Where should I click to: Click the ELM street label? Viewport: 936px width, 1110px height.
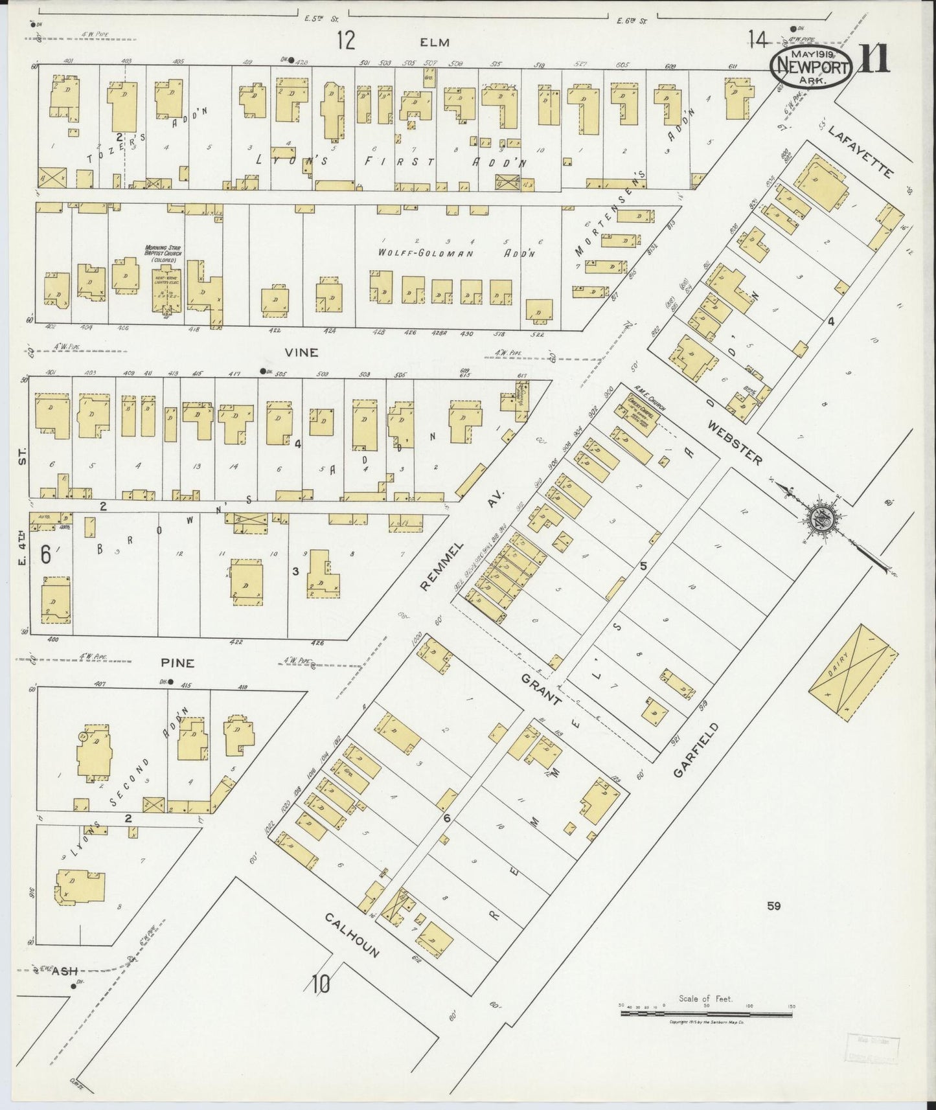click(x=434, y=42)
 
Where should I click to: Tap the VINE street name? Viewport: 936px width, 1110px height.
click(x=302, y=352)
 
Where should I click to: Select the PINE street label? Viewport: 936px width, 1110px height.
click(x=177, y=663)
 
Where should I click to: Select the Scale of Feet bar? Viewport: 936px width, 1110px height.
click(x=706, y=1014)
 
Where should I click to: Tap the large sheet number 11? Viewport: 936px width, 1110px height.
click(x=874, y=60)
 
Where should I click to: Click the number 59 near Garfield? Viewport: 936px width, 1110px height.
click(x=773, y=906)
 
